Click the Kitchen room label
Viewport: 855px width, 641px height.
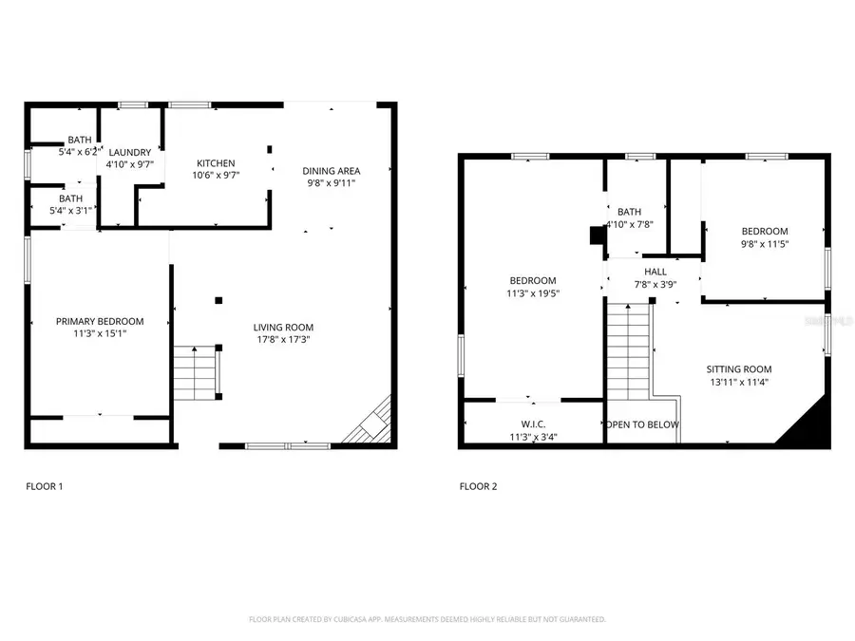[x=216, y=163]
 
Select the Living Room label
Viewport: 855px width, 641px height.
[x=283, y=328]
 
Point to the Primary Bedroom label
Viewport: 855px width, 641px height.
[x=100, y=321]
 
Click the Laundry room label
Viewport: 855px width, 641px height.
[x=130, y=153]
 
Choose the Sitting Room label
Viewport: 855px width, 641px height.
[x=738, y=369]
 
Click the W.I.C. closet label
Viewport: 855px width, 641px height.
[x=533, y=424]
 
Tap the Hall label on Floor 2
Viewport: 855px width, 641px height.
[x=655, y=272]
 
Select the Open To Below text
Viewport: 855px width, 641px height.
[x=643, y=424]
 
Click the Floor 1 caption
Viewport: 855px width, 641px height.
[x=44, y=486]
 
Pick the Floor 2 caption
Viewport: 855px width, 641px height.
[x=478, y=486]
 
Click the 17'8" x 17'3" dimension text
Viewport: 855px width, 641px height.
[x=283, y=339]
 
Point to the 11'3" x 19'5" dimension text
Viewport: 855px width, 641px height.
[x=533, y=293]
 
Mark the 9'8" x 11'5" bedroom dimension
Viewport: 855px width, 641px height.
[x=765, y=244]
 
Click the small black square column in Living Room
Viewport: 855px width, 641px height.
[x=218, y=300]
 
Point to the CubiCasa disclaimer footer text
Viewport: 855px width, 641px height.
[x=427, y=619]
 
